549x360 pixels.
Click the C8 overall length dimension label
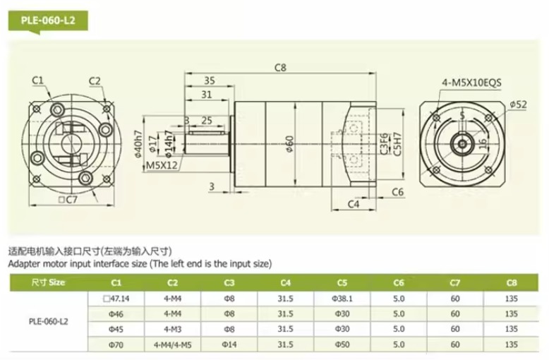click(280, 68)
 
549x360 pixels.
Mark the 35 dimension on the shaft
click(209, 80)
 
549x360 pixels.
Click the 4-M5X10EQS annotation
click(471, 82)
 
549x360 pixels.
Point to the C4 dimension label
click(355, 205)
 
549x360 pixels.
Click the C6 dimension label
click(397, 192)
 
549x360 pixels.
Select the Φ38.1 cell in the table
click(343, 298)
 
